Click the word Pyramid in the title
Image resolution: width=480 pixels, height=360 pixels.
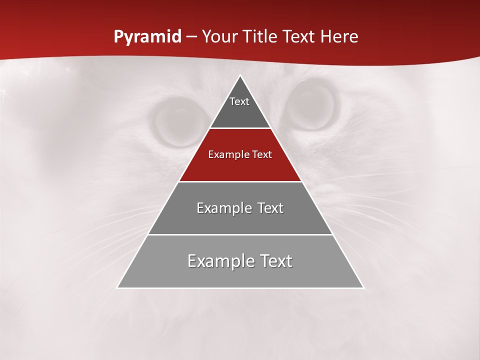pyautogui.click(x=147, y=37)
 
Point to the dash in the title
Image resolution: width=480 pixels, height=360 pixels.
pyautogui.click(x=191, y=37)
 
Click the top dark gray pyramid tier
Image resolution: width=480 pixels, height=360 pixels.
pyautogui.click(x=240, y=112)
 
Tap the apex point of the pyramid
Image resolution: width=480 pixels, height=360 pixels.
pyautogui.click(x=240, y=76)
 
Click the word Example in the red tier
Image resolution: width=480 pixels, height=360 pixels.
pyautogui.click(x=224, y=154)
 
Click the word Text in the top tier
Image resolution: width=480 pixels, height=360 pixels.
pyautogui.click(x=239, y=101)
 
